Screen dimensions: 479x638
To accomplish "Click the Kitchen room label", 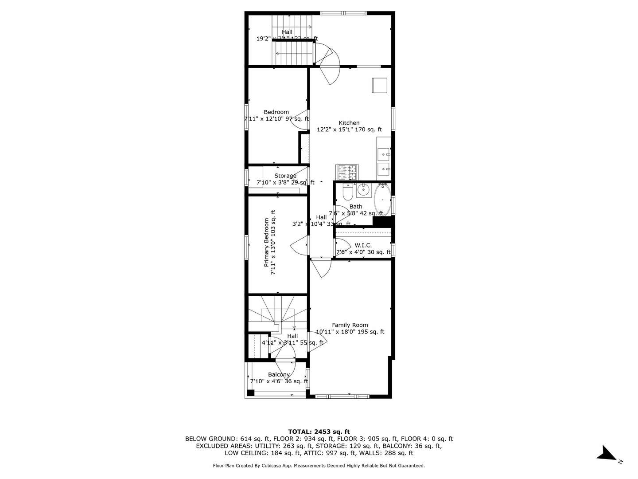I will (x=349, y=123).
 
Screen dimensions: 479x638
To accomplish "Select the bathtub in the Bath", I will (x=382, y=200).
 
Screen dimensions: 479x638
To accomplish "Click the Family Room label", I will (x=350, y=325).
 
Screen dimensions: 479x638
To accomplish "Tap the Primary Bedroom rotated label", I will (x=269, y=242).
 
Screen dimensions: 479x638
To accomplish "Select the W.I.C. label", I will (x=363, y=245).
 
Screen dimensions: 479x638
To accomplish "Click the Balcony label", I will (x=279, y=375).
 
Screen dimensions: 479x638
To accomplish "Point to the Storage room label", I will (x=285, y=176).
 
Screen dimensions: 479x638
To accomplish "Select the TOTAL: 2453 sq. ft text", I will (x=319, y=432).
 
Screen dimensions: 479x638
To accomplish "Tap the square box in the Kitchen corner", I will (x=379, y=85).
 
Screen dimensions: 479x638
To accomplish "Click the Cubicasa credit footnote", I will (x=319, y=466).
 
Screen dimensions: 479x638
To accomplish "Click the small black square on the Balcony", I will (x=251, y=393).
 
